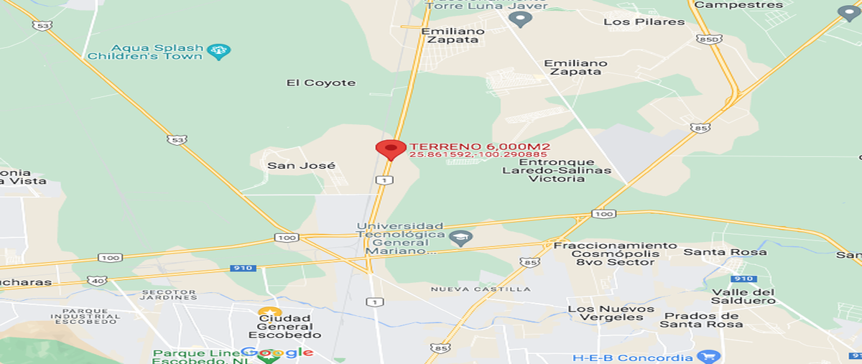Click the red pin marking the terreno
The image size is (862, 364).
click(390, 149)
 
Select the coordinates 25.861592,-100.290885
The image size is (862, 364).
click(478, 154)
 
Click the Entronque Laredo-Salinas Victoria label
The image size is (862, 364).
click(557, 170)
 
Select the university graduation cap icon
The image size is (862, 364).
click(458, 238)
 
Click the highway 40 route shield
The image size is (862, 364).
click(98, 279)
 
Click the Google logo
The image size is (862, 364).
click(277, 352)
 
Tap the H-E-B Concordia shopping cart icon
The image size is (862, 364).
click(708, 357)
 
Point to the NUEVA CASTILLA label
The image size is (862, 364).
click(481, 289)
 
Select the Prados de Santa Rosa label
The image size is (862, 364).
click(700, 320)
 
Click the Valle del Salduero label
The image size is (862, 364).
click(743, 297)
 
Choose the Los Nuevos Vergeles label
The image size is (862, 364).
click(610, 313)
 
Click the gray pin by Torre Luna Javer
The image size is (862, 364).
click(519, 19)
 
